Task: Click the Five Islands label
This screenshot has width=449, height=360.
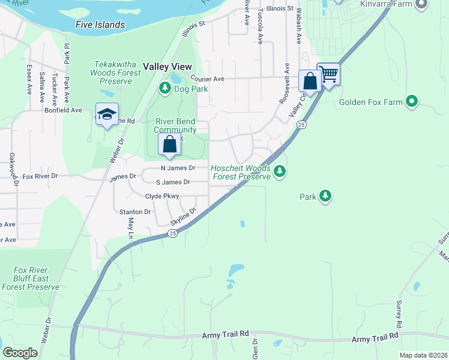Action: click(100, 25)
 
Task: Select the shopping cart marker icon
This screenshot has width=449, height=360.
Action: click(328, 75)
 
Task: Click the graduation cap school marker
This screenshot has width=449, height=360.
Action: click(107, 114)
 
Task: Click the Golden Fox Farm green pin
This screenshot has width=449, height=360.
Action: click(411, 101)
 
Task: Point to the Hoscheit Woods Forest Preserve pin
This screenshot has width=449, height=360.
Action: click(279, 173)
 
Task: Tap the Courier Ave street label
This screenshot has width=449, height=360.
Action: click(207, 79)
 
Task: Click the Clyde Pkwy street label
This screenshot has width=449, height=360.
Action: click(162, 196)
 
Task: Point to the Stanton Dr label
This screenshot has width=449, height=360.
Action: click(134, 212)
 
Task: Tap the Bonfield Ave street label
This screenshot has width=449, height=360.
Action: click(63, 110)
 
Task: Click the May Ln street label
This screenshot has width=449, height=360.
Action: click(130, 227)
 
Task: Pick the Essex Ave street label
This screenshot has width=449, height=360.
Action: click(29, 80)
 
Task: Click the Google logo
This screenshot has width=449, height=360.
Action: click(20, 353)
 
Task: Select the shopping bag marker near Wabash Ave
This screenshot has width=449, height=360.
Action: click(310, 82)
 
